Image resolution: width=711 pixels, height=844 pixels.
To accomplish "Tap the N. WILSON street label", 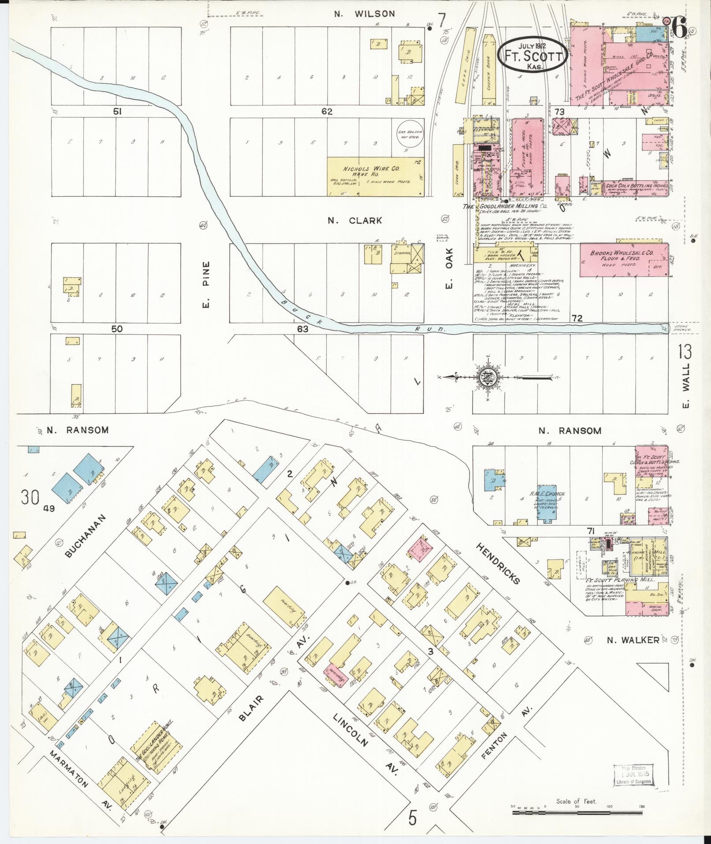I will click(364, 14).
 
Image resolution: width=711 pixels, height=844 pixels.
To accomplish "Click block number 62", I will click(327, 112).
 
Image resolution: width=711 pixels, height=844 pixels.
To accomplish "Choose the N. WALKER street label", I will click(632, 640).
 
